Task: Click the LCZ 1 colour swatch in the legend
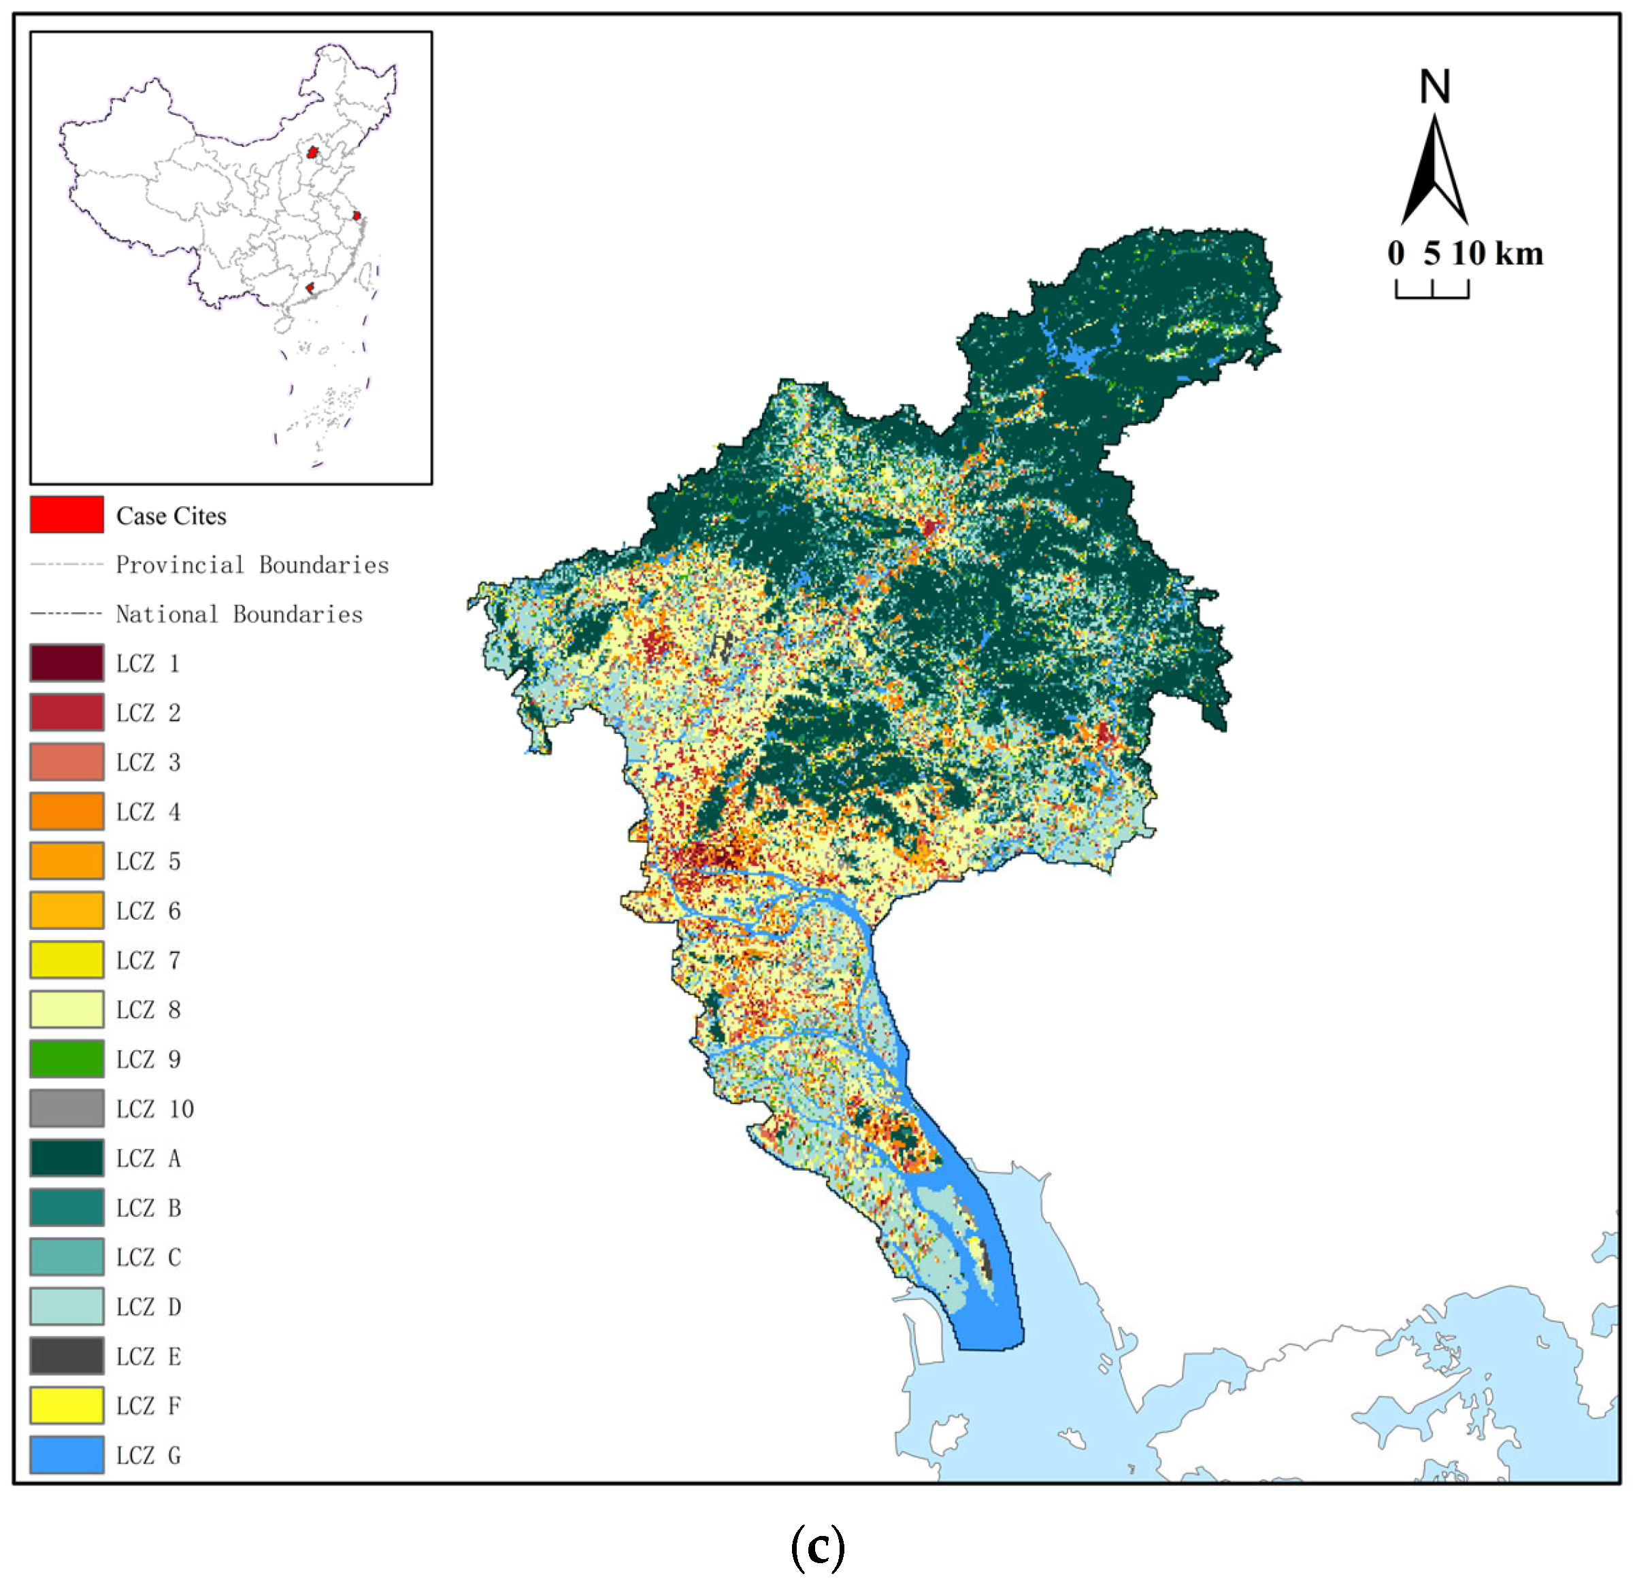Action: pyautogui.click(x=67, y=663)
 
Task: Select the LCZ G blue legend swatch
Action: pyautogui.click(x=67, y=1454)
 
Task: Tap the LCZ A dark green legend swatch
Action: pyautogui.click(x=67, y=1158)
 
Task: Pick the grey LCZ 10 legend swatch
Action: pyautogui.click(x=67, y=1108)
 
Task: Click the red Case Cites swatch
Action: pyautogui.click(x=67, y=515)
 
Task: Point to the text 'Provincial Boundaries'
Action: pyautogui.click(x=252, y=565)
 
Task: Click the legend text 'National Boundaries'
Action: pyautogui.click(x=239, y=614)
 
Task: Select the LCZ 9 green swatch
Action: pyautogui.click(x=67, y=1059)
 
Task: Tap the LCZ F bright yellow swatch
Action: pyautogui.click(x=67, y=1405)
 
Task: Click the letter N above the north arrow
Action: pyautogui.click(x=1435, y=87)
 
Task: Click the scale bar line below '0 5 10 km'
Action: pyautogui.click(x=1432, y=295)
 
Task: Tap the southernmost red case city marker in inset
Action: pyautogui.click(x=310, y=288)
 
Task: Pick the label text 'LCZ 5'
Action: pyautogui.click(x=148, y=861)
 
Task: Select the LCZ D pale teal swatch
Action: pyautogui.click(x=67, y=1307)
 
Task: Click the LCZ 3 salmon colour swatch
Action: pyautogui.click(x=67, y=762)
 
